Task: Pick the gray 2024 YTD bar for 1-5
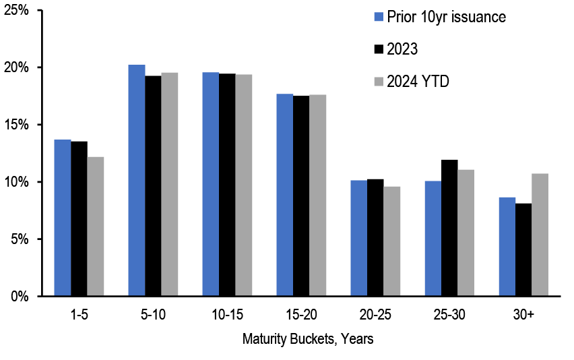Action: pyautogui.click(x=96, y=227)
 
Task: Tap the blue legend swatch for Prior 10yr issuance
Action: pyautogui.click(x=378, y=16)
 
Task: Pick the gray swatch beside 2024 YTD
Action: pyautogui.click(x=378, y=81)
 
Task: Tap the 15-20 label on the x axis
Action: pyautogui.click(x=300, y=316)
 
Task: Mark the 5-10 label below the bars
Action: pyautogui.click(x=153, y=316)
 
